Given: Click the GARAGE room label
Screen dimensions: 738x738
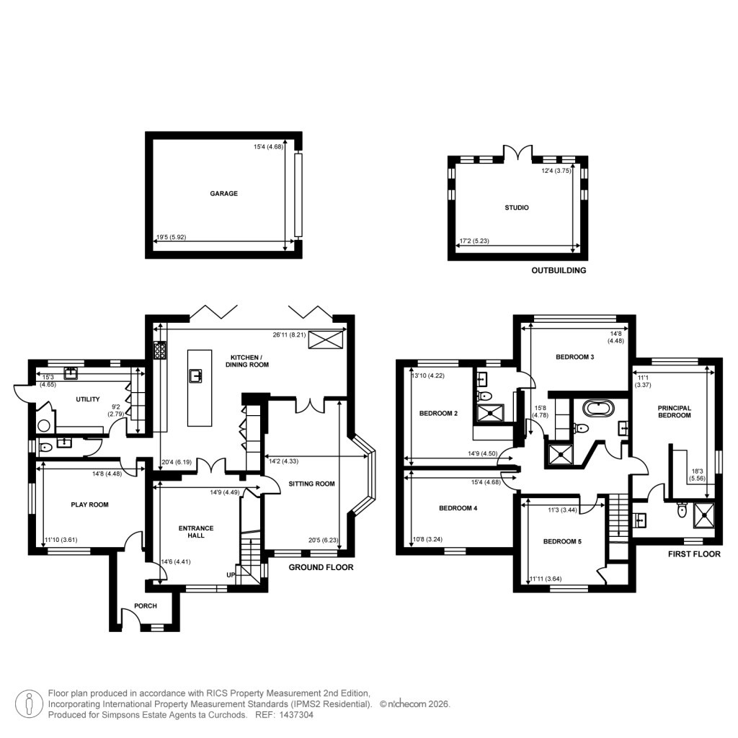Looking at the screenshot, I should click(x=223, y=193).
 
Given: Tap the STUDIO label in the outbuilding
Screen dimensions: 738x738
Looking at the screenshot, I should click(x=517, y=208).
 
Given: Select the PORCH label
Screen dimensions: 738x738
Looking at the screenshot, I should click(x=145, y=606).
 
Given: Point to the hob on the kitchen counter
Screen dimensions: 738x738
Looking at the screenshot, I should click(x=159, y=350).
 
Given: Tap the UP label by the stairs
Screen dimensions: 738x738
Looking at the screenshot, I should click(x=231, y=575).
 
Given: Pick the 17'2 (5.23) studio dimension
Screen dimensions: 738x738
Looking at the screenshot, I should click(x=474, y=242).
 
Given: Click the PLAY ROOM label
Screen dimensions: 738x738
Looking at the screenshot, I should click(x=89, y=504).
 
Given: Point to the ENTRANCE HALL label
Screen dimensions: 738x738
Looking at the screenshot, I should click(x=191, y=531).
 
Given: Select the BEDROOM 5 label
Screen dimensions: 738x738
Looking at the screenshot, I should click(x=561, y=541).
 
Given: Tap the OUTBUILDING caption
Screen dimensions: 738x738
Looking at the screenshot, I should click(x=559, y=271).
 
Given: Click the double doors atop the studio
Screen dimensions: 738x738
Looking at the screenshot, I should click(x=516, y=153).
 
